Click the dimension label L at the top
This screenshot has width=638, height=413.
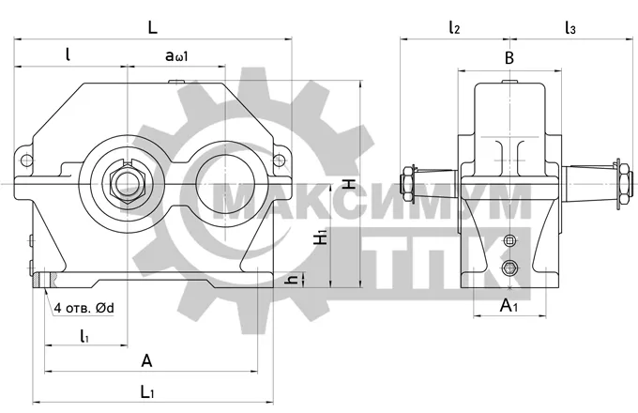click(x=152, y=27)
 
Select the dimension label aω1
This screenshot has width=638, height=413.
click(x=176, y=55)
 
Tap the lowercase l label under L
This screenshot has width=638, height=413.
click(x=68, y=54)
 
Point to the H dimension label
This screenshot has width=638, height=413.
click(x=349, y=184)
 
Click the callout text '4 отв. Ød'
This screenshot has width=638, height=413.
click(x=84, y=308)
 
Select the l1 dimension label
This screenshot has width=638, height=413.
click(x=84, y=336)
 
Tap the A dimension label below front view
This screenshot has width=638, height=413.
click(x=146, y=360)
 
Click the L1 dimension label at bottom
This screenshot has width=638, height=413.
click(x=147, y=392)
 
